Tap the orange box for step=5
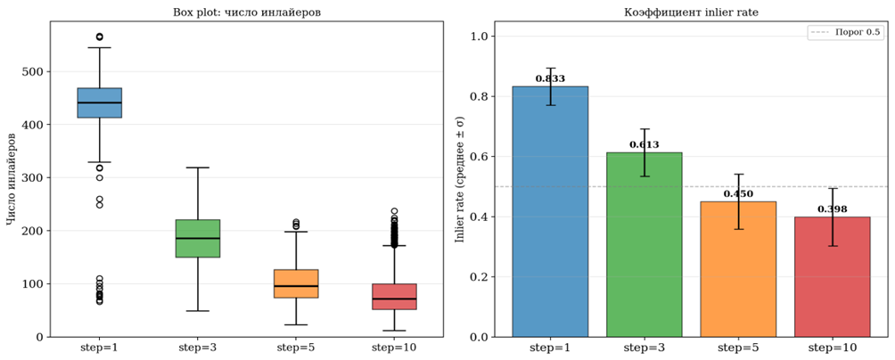click(296, 283)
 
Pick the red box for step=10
click(394, 297)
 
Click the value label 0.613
click(644, 144)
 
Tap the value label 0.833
click(550, 79)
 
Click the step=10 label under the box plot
click(394, 347)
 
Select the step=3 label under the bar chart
click(644, 347)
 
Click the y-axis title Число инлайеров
click(12, 178)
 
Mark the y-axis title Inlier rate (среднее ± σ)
click(461, 178)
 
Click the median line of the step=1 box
click(100, 103)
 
